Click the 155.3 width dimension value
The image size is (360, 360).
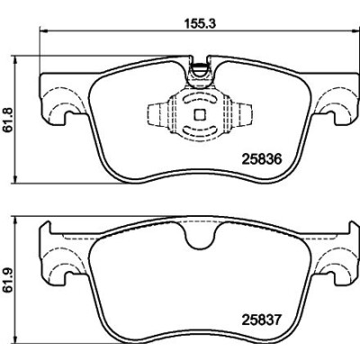[199, 24]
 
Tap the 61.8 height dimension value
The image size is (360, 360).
[8, 120]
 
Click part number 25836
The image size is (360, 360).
[262, 159]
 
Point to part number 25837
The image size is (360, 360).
[262, 320]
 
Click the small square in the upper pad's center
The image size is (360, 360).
[200, 114]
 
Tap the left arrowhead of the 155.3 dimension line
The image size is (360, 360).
[43, 30]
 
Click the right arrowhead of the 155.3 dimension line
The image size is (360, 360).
[355, 30]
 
